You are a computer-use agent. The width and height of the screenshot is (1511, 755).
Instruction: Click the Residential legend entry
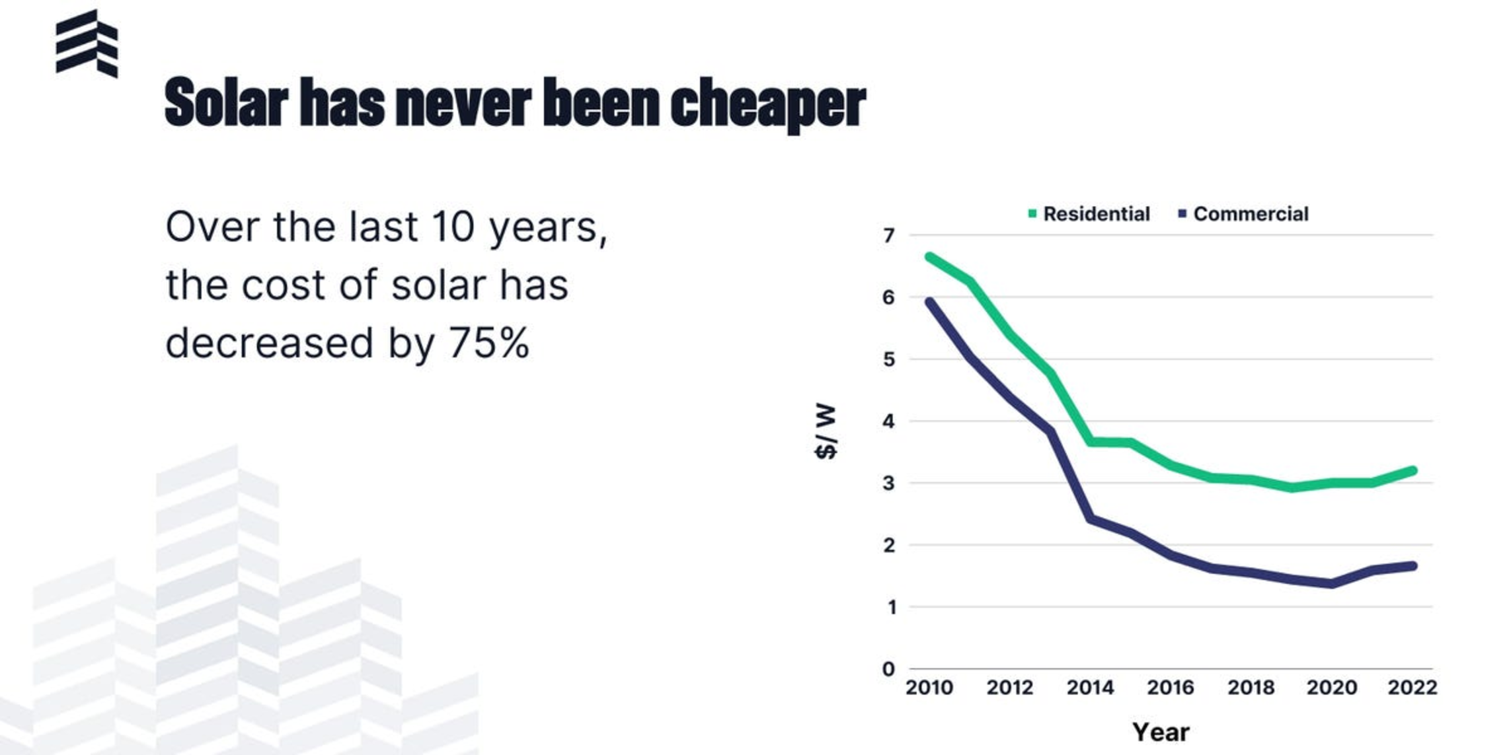[1089, 214]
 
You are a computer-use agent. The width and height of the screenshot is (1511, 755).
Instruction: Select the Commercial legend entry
[1243, 214]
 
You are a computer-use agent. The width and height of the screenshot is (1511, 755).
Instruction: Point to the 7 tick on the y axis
[889, 235]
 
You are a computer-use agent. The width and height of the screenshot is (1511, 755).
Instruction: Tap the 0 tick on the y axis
[889, 669]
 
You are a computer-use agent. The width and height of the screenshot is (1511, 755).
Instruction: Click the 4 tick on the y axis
[889, 421]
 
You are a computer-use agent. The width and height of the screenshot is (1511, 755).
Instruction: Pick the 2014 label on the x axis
[1090, 688]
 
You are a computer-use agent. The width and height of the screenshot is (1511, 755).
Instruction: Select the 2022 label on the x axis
[1413, 688]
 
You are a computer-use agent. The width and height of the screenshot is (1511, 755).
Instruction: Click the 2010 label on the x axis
[929, 688]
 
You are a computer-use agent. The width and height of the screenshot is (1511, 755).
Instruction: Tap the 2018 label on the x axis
[1251, 688]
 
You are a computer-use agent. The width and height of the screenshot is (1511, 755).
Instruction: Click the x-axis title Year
[1161, 732]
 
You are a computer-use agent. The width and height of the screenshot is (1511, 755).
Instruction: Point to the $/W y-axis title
[826, 431]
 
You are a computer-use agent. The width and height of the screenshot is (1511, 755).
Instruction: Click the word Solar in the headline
[226, 102]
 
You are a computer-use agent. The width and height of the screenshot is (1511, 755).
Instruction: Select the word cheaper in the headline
[768, 104]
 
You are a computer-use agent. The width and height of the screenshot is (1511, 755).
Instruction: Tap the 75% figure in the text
[489, 343]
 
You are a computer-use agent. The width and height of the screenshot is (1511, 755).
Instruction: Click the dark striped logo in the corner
[87, 44]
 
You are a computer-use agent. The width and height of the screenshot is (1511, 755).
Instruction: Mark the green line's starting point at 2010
[929, 257]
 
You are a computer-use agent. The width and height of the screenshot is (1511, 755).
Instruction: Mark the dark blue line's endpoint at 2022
[1413, 566]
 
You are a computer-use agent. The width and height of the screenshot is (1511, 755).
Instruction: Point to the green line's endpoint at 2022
[1413, 471]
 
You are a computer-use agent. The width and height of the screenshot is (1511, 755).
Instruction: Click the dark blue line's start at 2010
[929, 302]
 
